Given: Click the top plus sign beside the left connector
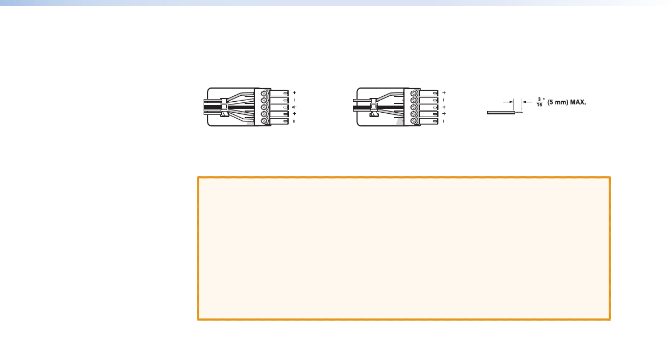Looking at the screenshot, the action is click(294, 93).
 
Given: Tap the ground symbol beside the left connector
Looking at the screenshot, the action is click(294, 107).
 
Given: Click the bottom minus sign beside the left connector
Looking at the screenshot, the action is click(294, 120).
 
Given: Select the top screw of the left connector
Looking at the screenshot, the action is click(264, 93).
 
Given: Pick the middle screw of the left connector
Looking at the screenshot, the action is click(264, 107).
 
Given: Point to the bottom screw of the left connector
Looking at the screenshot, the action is click(264, 120).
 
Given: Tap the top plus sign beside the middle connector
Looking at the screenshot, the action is click(444, 93).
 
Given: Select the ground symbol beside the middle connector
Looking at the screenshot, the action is click(444, 107).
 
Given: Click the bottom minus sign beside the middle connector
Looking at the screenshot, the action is click(444, 120).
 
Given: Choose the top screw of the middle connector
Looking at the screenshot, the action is click(414, 93).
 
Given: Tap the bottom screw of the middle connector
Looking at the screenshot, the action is click(414, 120).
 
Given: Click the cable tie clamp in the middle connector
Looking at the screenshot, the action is click(374, 107).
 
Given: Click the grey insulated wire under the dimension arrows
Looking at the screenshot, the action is click(500, 113).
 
